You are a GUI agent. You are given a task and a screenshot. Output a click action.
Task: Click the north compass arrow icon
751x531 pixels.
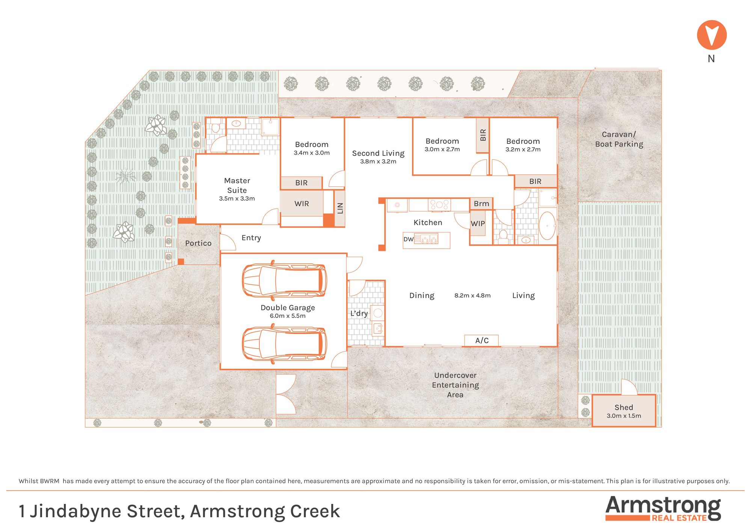point(712,35)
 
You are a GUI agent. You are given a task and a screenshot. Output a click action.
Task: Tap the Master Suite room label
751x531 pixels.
point(237,186)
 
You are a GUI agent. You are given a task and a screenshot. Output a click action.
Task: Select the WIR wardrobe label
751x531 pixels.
point(302,204)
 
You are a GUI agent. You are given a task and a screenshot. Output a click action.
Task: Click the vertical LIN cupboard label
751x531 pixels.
point(340,208)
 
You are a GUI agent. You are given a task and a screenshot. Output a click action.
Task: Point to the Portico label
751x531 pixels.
point(198,243)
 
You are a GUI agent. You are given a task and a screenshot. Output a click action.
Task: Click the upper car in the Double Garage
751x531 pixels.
point(284,280)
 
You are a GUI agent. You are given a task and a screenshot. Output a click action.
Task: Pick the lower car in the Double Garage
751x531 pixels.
point(284,344)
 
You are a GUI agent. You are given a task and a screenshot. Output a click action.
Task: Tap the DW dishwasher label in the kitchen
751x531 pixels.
point(408,239)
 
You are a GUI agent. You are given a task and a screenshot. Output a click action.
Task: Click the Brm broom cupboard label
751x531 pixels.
point(481,204)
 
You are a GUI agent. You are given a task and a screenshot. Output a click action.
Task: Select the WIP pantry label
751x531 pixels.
point(478,223)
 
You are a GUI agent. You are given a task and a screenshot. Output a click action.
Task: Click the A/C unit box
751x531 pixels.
point(482,340)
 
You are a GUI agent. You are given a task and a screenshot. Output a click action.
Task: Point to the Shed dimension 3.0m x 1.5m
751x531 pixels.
point(624,416)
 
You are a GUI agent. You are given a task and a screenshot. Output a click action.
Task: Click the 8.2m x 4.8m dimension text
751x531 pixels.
point(472,296)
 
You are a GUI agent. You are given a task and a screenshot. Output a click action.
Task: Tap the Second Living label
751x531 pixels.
point(378,153)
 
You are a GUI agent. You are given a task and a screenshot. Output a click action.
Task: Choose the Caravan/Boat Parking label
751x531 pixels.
point(619,139)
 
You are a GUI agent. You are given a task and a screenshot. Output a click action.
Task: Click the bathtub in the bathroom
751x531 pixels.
point(547,226)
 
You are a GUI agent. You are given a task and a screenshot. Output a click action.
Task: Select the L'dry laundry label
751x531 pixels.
point(359,314)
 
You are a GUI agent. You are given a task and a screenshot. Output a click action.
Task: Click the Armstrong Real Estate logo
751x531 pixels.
point(663,508)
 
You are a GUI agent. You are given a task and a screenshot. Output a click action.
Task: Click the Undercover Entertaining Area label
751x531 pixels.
point(455,385)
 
